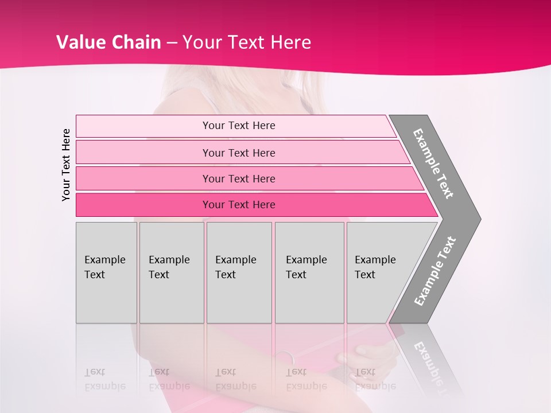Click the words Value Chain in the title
pyautogui.click(x=108, y=42)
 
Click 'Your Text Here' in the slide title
pyautogui.click(x=247, y=42)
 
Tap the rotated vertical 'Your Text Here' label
pyautogui.click(x=66, y=165)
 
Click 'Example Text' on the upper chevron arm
pyautogui.click(x=433, y=163)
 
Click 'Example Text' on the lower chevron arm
pyautogui.click(x=435, y=271)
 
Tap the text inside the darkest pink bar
pyautogui.click(x=239, y=205)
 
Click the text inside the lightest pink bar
pyautogui.click(x=239, y=126)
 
